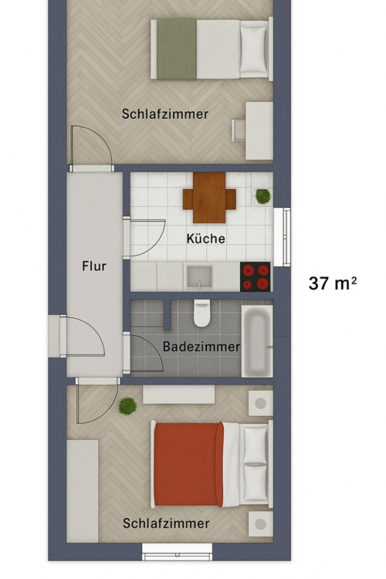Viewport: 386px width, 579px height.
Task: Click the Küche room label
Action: click(206, 239)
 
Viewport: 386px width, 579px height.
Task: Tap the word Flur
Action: click(93, 266)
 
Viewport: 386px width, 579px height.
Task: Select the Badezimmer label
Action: click(201, 347)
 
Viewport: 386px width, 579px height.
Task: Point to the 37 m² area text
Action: click(333, 283)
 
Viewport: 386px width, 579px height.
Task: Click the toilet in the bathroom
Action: click(202, 313)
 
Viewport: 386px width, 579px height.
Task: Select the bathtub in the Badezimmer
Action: click(257, 340)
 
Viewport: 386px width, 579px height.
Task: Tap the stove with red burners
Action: click(256, 276)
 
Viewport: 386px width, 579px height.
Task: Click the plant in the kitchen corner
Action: click(263, 196)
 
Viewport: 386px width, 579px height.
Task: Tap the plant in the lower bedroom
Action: click(127, 405)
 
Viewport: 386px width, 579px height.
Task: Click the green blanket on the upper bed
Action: click(177, 49)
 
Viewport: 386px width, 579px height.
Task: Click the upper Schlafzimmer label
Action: click(165, 113)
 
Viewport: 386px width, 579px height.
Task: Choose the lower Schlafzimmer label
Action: click(166, 523)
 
